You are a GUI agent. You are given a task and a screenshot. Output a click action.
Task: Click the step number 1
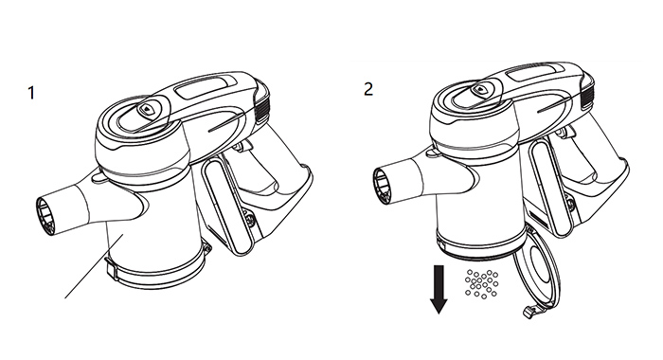coord(31,93)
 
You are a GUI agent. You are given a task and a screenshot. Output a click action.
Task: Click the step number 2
coord(368,89)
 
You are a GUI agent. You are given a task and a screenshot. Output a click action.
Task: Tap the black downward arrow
coord(439,290)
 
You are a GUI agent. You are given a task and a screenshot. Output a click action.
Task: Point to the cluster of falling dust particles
coord(481,283)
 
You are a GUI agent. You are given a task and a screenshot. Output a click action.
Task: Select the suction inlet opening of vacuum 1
coord(45,216)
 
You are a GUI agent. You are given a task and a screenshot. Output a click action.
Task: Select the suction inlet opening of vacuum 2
coord(383,186)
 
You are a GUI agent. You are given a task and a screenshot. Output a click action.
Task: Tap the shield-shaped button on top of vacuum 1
coord(146,110)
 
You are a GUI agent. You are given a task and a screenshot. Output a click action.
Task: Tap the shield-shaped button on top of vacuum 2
coord(479,90)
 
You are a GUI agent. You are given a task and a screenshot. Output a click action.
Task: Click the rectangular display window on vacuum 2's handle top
coord(534,73)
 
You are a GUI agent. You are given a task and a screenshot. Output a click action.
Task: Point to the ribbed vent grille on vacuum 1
coord(262,111)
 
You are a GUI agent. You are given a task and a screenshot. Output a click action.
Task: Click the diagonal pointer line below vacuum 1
coord(94,266)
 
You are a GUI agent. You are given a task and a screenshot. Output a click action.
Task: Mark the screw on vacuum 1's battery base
coord(250,220)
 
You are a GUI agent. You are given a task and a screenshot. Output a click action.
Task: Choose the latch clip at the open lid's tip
coord(529,313)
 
